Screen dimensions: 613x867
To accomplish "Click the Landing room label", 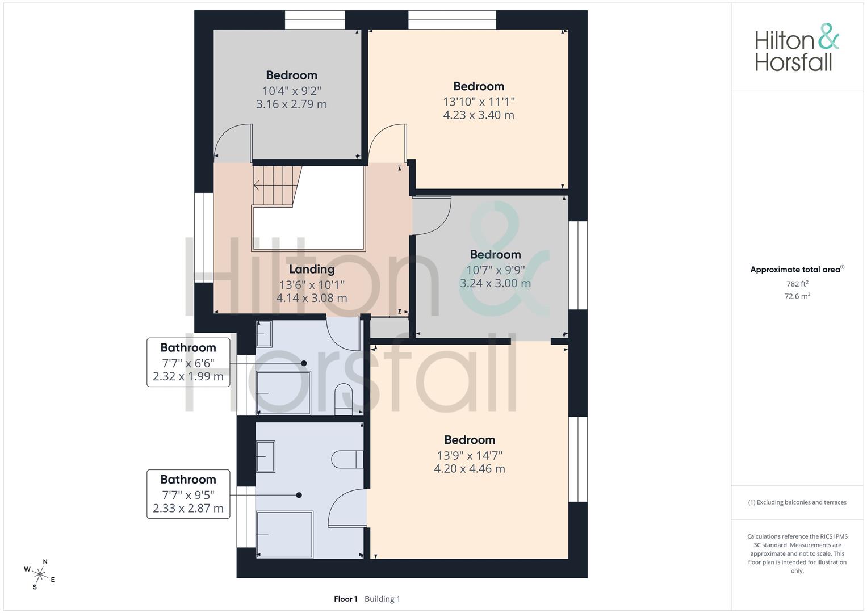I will [312, 269].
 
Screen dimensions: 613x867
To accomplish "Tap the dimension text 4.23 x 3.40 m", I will [479, 115].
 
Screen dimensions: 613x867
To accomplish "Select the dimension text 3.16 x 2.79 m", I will [291, 104].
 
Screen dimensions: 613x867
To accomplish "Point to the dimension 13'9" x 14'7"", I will [470, 455].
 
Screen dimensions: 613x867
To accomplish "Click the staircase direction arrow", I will [257, 185].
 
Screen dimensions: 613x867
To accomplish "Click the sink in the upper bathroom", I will [265, 334].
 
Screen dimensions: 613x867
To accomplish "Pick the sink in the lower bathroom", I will [266, 456].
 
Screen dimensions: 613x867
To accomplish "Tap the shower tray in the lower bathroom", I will [285, 535].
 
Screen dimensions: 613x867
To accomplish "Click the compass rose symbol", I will [40, 573].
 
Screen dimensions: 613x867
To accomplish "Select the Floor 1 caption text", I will [345, 599].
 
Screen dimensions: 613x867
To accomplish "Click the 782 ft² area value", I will [797, 284].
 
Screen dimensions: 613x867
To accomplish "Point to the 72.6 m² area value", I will [797, 296].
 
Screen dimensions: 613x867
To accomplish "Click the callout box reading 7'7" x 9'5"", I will [188, 494].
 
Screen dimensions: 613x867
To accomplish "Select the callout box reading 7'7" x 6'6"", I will [188, 362].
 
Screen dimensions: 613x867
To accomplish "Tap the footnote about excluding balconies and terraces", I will [797, 502].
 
